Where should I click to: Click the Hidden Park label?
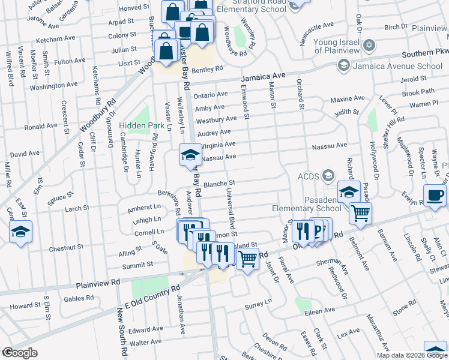[x=142, y=126]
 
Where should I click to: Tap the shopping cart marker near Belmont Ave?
[x=360, y=212]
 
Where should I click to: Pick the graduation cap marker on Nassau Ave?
[x=190, y=154]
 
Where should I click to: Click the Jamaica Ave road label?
[x=264, y=77]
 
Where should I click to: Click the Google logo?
[x=20, y=353]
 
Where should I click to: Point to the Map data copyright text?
[x=412, y=355]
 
